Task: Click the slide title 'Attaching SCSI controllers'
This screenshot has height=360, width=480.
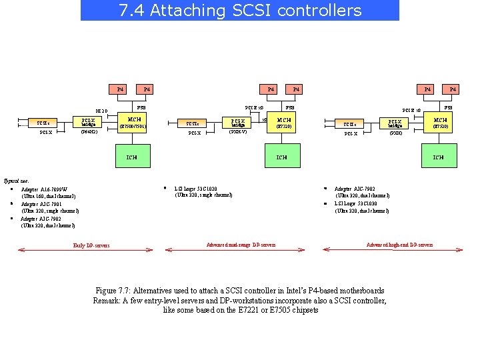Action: point(239,11)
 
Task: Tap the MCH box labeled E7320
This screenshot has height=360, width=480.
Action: point(284,123)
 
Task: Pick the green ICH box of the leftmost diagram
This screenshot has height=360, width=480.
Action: point(132,157)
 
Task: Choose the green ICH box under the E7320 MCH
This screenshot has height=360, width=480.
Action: point(282,157)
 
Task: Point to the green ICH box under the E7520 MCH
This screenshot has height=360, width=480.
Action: point(439,157)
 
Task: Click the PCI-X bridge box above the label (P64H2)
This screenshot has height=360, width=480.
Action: point(89,123)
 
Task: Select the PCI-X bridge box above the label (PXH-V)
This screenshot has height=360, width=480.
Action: point(238,123)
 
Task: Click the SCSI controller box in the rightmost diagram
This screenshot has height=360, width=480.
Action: point(350,123)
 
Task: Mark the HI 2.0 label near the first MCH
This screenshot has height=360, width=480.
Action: point(101,111)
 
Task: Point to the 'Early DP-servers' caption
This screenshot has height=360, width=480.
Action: point(91,245)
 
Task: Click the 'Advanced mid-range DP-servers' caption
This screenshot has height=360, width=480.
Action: point(241,245)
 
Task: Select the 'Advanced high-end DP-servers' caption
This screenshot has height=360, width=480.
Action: point(399,245)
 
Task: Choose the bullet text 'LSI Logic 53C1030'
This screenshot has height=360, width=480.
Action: point(357,204)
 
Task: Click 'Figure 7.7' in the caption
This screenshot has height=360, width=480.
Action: point(113,291)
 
